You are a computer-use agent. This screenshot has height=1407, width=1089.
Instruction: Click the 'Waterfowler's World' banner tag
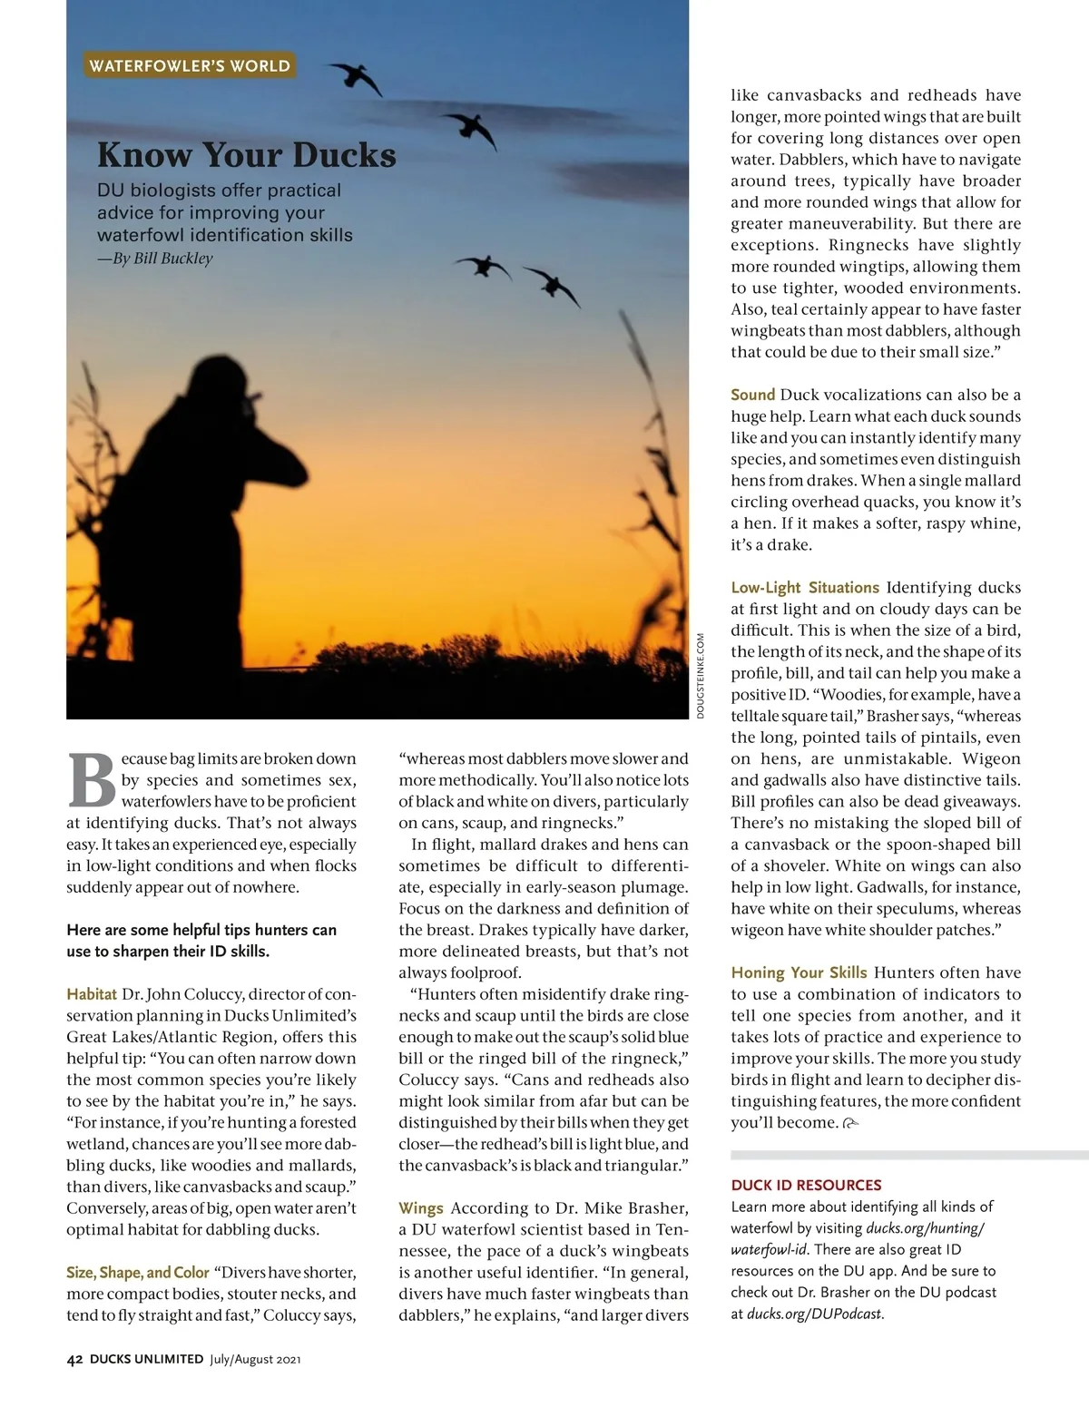point(190,65)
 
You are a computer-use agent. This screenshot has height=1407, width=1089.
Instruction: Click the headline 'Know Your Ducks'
point(247,155)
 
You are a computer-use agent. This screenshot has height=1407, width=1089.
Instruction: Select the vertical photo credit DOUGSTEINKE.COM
point(701,676)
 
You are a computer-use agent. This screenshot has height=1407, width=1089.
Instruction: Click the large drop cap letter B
point(92,780)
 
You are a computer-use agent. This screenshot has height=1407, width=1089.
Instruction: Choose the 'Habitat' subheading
point(92,994)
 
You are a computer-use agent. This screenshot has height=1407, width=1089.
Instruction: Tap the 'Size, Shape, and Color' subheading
point(138,1273)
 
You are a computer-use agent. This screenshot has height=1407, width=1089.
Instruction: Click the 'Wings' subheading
point(421,1208)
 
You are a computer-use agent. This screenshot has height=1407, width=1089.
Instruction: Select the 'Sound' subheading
point(752,395)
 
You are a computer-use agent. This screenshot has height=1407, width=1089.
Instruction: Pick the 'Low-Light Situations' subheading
point(805,588)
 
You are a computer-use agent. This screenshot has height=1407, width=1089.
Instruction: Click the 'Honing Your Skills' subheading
point(799,972)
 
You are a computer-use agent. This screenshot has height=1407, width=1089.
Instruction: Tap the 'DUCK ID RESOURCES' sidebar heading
point(806,1185)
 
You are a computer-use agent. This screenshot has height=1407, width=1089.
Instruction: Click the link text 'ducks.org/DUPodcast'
point(814,1314)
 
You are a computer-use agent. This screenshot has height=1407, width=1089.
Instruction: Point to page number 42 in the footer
point(75,1360)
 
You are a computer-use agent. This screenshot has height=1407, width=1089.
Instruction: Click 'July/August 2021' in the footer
point(255,1360)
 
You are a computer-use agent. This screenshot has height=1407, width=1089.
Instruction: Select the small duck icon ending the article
point(850,1124)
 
